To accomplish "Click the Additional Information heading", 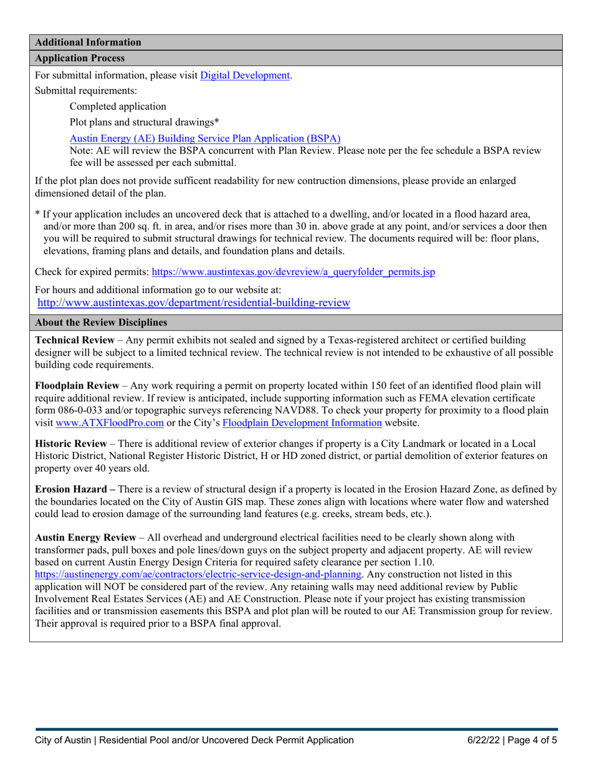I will (88, 42).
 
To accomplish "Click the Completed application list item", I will (118, 106).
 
